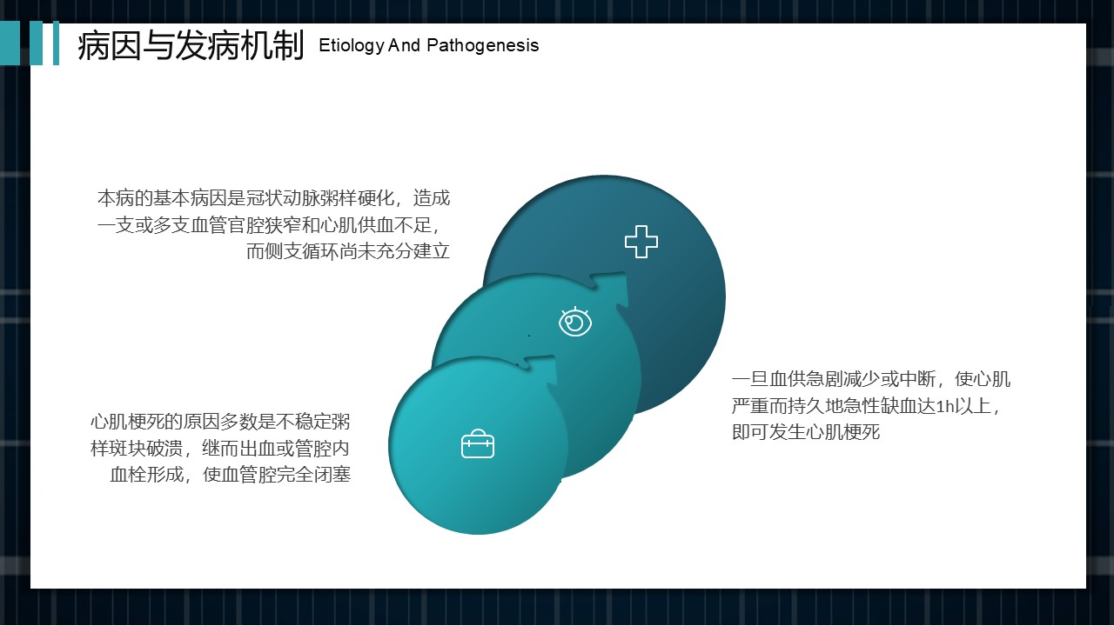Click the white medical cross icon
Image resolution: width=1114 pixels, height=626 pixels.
pos(641,242)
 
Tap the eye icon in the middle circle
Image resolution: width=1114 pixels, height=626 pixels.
pos(575,322)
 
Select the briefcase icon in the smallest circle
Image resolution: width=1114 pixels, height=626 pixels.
pos(478,443)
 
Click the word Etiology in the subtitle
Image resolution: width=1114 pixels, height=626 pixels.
pos(351,46)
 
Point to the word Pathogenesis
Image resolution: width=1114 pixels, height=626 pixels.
pos(483,45)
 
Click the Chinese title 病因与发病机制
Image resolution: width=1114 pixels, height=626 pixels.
pos(191,46)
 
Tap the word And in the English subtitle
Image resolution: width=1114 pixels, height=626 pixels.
pos(405,45)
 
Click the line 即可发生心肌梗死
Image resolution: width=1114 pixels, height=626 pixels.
pos(806,432)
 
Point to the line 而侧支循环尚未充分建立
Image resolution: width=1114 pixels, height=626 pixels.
pos(348,251)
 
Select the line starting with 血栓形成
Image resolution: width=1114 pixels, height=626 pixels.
pos(231,475)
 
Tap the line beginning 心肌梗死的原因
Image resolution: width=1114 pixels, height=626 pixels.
pos(220,422)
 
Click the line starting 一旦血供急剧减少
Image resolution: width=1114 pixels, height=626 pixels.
pos(871,379)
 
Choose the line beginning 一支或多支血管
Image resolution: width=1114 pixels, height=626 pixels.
pos(269,225)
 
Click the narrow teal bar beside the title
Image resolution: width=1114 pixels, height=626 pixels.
pos(57,43)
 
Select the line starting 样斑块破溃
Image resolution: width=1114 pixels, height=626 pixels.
pos(220,449)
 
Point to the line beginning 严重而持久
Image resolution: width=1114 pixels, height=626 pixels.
pos(866,406)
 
